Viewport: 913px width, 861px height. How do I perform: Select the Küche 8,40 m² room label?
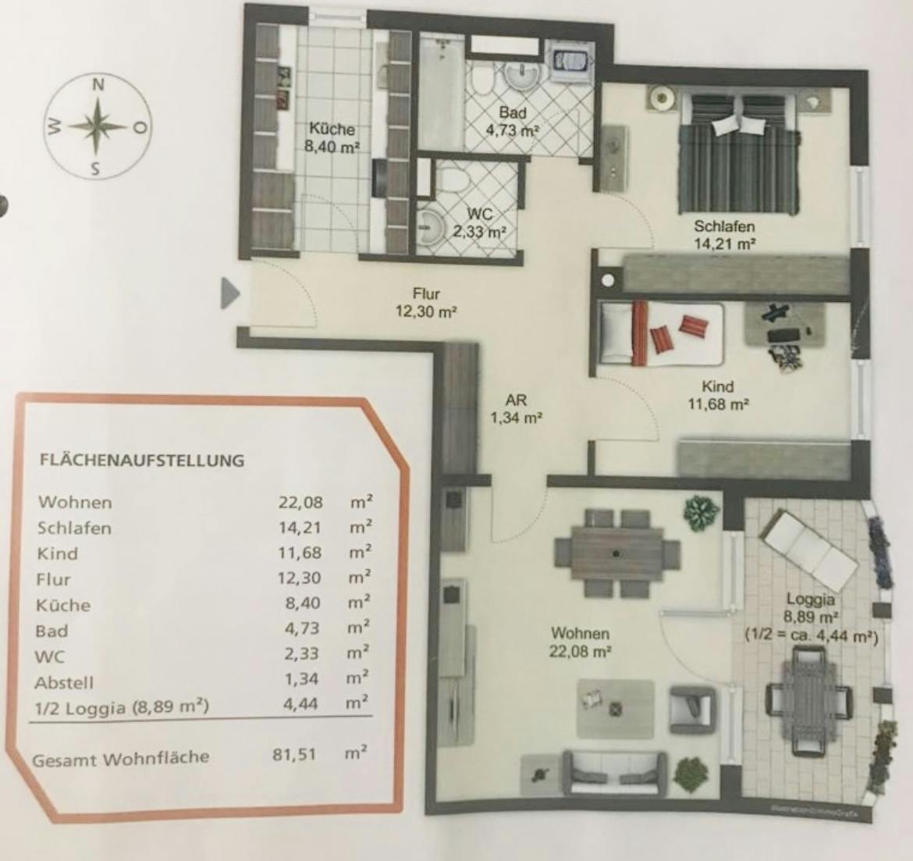[332, 137]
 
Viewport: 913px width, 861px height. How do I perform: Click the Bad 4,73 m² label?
[513, 122]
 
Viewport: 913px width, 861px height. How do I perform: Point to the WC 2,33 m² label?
[480, 222]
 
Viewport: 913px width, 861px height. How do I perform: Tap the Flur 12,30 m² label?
[426, 303]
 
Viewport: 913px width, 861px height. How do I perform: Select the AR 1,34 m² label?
[516, 408]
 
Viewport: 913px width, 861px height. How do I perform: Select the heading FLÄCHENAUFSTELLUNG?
[141, 460]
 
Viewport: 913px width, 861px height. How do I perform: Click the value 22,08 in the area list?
[300, 502]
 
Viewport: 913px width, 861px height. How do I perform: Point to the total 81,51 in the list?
[296, 755]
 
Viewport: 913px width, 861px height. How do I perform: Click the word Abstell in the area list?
[64, 682]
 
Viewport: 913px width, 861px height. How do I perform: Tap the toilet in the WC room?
[451, 179]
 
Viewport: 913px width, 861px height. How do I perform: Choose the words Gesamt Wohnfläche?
[121, 757]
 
